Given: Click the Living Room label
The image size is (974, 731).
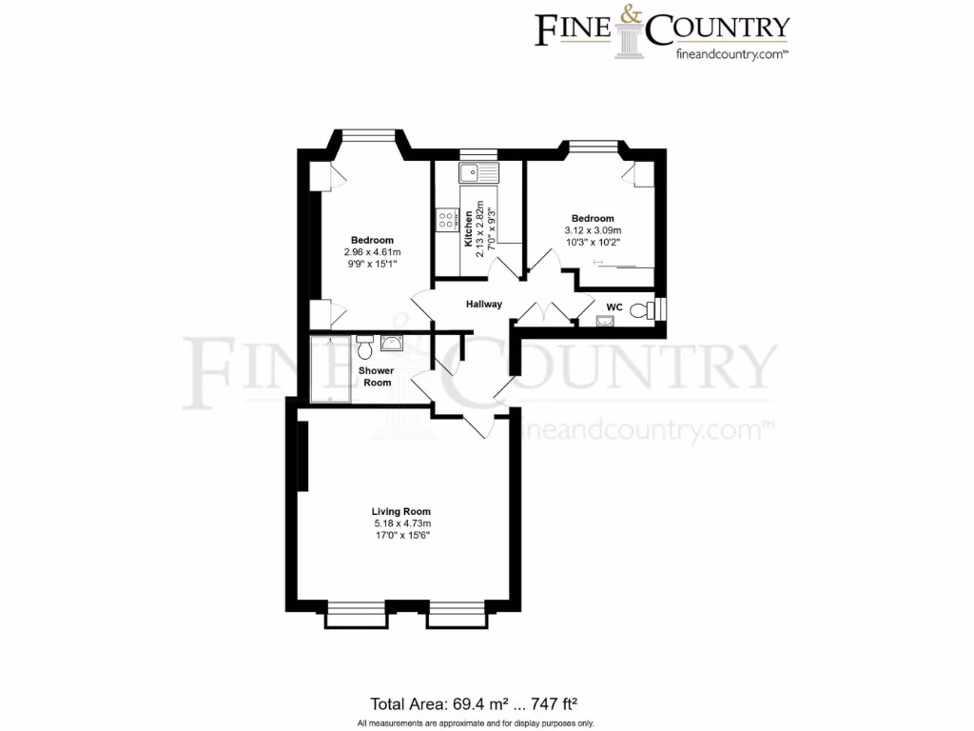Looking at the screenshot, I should tap(400, 512).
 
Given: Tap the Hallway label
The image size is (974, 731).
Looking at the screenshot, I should tap(483, 305).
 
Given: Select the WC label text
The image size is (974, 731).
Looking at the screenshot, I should tap(614, 306).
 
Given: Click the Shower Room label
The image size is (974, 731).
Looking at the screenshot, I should tap(377, 376).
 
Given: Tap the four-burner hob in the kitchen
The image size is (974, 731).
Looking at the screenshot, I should tap(445, 221).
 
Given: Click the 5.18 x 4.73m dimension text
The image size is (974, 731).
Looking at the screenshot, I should tap(402, 524).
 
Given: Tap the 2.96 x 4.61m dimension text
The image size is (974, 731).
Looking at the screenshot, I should tap(372, 251).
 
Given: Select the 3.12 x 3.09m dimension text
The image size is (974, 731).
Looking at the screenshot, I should tap(593, 230).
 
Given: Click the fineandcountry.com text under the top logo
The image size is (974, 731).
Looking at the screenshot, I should tap(730, 55).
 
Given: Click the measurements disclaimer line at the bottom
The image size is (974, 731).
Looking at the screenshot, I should tap(475, 723).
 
